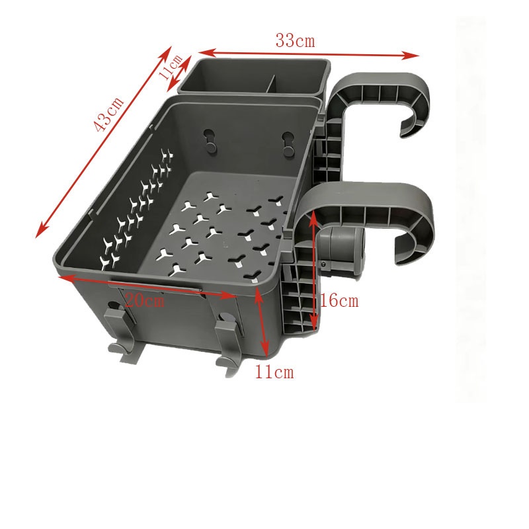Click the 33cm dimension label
pos(295,40)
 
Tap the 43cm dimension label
pos(108,114)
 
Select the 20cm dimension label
pos(145,300)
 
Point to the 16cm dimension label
pos(339,300)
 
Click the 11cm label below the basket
pos(274,372)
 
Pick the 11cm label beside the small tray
pos(171,67)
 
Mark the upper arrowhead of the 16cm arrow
pos(313,216)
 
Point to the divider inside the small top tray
pos(271,83)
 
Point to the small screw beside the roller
pos(323,264)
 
